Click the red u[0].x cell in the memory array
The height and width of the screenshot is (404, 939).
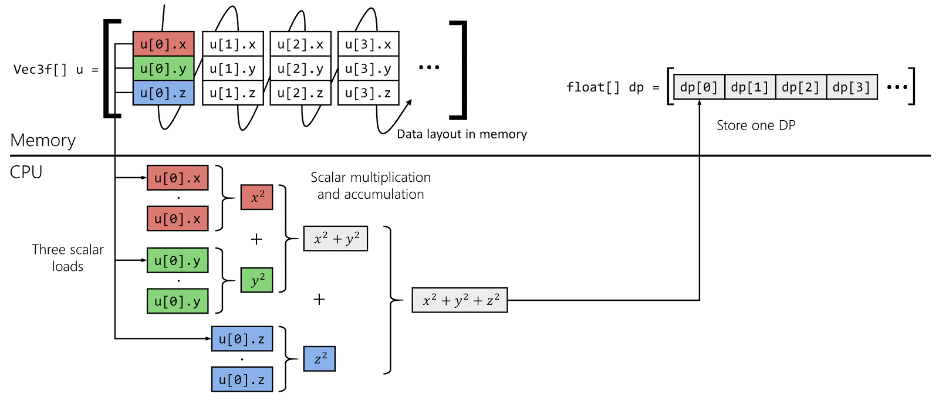pos(163,45)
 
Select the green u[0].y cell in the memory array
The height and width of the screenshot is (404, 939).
pos(163,69)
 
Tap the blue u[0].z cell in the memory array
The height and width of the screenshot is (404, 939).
pos(163,93)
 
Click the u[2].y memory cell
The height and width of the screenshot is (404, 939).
pos(300,69)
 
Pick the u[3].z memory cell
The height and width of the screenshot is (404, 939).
pos(368,93)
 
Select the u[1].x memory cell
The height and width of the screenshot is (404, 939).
pos(232,45)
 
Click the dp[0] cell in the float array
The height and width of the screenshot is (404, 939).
pos(699,87)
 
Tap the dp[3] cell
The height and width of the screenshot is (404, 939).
pos(852,87)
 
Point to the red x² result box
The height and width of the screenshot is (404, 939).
pos(257,197)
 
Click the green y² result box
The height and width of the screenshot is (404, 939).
pos(257,280)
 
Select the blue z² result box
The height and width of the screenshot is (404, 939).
pos(319,359)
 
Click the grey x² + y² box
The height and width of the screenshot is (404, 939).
pos(336,239)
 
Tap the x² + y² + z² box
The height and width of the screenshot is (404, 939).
pos(460,300)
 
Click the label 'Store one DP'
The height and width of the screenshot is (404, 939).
pos(756,125)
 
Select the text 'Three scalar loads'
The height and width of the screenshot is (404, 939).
pos(67,258)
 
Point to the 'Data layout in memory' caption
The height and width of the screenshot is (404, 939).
pos(462,134)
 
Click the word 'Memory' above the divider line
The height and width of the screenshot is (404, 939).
pos(43,141)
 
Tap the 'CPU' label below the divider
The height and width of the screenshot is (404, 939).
pos(26,172)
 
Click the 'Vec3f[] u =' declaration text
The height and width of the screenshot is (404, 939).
pos(56,69)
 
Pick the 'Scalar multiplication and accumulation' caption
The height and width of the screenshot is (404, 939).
pos(370,186)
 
